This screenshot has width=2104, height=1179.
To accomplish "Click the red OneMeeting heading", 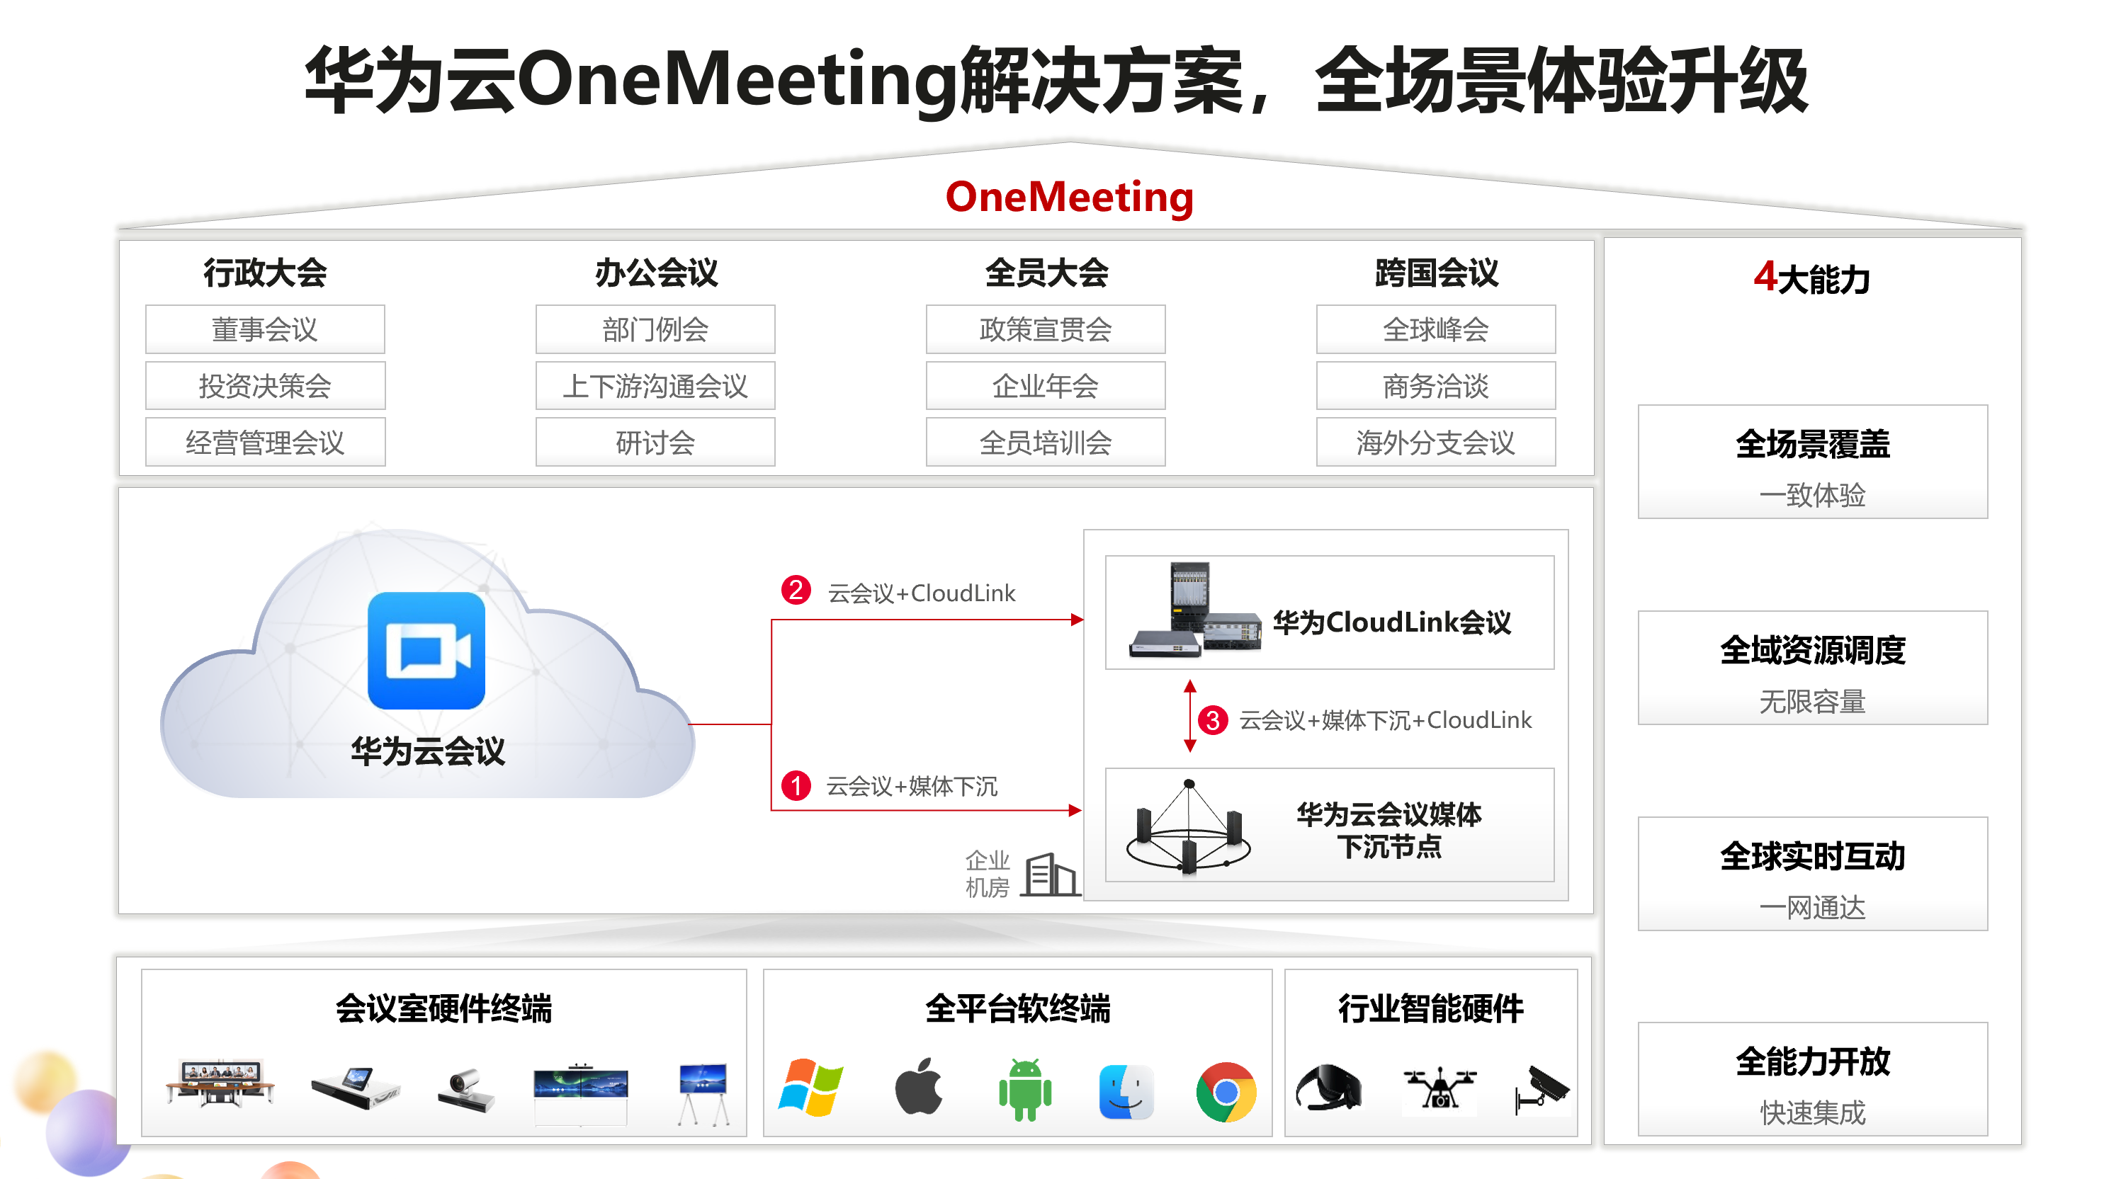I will point(1068,197).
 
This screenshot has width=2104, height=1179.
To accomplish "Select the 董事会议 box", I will point(265,329).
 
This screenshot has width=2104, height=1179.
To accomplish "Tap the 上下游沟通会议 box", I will point(655,385).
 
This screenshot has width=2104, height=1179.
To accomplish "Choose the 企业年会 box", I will point(1045,385).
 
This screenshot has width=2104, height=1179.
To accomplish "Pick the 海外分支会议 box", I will point(1435,442).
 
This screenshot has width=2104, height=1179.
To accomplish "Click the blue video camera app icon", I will point(426,651).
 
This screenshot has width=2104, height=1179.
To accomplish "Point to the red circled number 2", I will point(796,589).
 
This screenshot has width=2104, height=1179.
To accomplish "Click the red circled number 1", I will point(796,785).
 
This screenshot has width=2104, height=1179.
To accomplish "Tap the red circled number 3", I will point(1213,719).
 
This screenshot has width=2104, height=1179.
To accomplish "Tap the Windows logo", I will point(810,1088).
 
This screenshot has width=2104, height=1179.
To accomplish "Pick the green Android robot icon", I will point(1024,1089).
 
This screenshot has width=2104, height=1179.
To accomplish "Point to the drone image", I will point(1438,1088).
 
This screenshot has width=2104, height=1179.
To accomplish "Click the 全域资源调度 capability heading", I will point(1811,651).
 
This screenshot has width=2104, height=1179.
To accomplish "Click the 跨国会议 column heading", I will point(1436,273).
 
